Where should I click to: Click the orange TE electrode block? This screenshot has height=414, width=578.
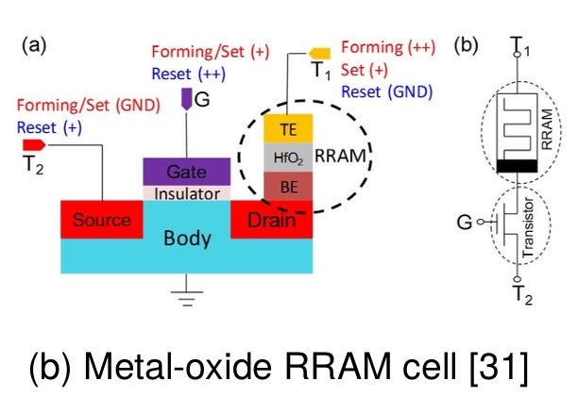click(x=288, y=128)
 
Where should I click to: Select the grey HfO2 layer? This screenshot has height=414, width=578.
click(x=288, y=157)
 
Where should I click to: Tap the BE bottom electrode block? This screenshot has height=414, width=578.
click(x=288, y=186)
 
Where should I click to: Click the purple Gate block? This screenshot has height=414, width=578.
click(x=186, y=172)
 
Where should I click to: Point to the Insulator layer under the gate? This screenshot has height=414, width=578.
click(x=186, y=193)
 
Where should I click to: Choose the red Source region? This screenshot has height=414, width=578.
click(x=102, y=220)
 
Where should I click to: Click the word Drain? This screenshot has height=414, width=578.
click(x=271, y=221)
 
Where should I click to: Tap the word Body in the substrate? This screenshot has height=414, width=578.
click(x=187, y=238)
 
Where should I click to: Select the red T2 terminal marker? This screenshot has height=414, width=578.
click(x=34, y=145)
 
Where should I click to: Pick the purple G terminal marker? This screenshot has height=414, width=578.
click(x=186, y=99)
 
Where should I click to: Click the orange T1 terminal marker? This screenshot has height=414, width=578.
click(x=319, y=54)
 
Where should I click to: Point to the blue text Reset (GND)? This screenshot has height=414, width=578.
click(x=387, y=91)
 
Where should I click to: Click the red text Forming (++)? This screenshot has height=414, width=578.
click(x=388, y=47)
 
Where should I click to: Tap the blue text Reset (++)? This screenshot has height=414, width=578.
click(x=188, y=74)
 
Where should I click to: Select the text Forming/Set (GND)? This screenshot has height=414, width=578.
click(x=89, y=106)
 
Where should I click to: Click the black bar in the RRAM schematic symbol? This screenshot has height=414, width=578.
click(x=517, y=166)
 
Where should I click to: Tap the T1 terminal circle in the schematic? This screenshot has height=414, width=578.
click(x=518, y=55)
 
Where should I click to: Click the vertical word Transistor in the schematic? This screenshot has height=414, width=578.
click(x=528, y=227)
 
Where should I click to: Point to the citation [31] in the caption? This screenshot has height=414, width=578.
click(x=499, y=366)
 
